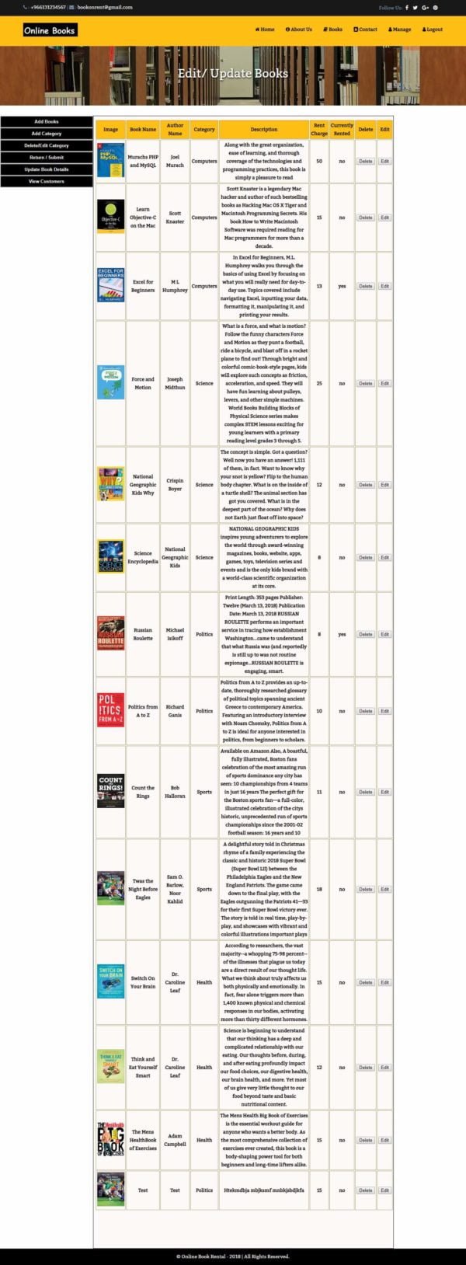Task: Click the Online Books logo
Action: click(50, 30)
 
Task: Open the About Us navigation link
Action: click(299, 30)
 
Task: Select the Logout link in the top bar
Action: click(433, 30)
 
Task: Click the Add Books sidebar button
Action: click(46, 121)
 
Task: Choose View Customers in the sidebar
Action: click(46, 181)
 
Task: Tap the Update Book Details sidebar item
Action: click(46, 169)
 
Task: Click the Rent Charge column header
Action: click(319, 129)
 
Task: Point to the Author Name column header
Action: click(175, 129)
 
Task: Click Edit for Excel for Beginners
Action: click(384, 286)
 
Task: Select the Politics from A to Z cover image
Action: click(110, 711)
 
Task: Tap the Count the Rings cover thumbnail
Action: click(110, 792)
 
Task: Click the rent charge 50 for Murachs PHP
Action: click(319, 162)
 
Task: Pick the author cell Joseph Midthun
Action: click(175, 383)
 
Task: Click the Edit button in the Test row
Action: click(384, 1190)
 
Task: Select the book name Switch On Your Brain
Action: click(143, 982)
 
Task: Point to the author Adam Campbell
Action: click(175, 1140)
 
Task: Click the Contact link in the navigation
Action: click(365, 30)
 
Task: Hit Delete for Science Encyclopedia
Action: click(365, 557)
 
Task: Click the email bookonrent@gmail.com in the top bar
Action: click(104, 7)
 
